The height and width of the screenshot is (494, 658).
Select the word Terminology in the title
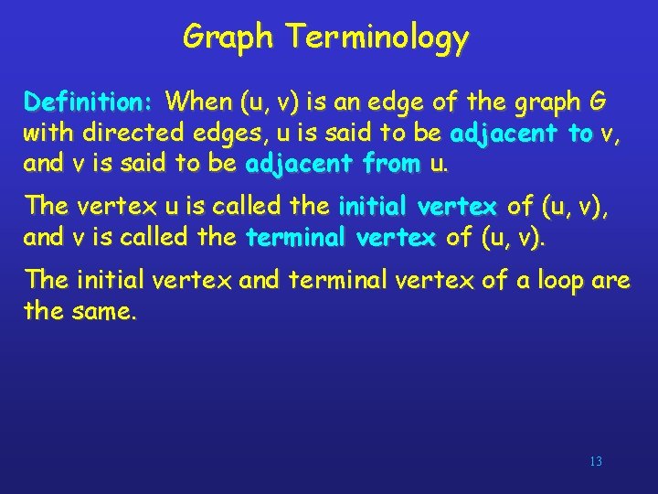click(x=377, y=37)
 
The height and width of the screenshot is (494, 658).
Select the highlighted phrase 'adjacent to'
click(x=522, y=133)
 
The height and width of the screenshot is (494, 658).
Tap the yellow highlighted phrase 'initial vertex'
click(x=418, y=205)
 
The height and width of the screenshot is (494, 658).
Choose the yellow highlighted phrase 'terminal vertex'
click(x=341, y=238)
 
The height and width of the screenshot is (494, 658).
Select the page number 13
click(x=596, y=462)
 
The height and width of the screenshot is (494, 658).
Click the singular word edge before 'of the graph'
click(x=406, y=99)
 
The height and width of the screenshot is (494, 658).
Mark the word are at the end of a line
click(x=610, y=278)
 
